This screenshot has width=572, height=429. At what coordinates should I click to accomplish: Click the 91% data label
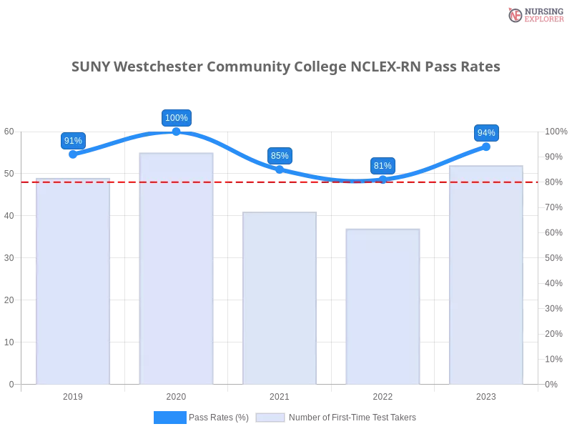click(73, 141)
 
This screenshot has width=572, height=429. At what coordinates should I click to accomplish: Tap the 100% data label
click(177, 118)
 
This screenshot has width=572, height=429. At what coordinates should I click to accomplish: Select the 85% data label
click(280, 156)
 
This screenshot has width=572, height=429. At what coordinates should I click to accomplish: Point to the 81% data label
click(383, 166)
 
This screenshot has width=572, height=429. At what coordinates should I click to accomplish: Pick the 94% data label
click(486, 133)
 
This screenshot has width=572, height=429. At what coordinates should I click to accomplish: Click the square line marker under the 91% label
click(74, 154)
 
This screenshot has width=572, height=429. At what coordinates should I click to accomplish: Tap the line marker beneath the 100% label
click(177, 131)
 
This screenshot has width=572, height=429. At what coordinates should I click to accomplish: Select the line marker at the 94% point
click(486, 147)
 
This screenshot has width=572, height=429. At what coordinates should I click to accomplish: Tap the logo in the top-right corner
click(534, 14)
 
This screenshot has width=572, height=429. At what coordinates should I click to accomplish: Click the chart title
click(286, 67)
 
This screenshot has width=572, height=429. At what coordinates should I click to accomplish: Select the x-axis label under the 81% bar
click(383, 395)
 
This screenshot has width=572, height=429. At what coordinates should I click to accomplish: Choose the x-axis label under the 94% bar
click(486, 395)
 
